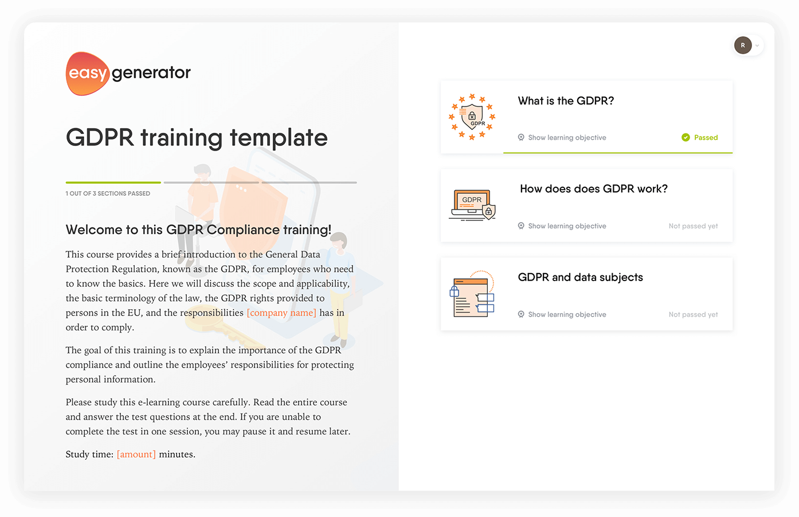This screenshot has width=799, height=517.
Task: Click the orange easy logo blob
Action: [x=87, y=73]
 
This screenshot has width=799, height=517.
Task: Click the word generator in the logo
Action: [x=151, y=73]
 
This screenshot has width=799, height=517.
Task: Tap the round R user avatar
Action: [x=743, y=45]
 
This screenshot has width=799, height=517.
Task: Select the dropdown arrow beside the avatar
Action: [x=757, y=46]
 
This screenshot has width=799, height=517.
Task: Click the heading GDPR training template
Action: [x=197, y=137]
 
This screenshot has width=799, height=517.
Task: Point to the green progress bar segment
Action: [x=113, y=183]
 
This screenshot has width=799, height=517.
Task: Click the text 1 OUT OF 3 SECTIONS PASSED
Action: [x=108, y=194]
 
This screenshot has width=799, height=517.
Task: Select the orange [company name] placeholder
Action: [x=281, y=313]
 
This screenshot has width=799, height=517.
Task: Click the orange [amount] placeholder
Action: [x=136, y=454]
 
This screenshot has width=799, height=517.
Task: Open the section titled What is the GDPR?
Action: [x=566, y=101]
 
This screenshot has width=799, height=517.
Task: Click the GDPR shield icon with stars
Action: [x=472, y=117]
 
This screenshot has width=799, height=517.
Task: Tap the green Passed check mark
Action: [x=686, y=137]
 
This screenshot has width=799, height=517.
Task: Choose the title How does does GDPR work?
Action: [x=594, y=189]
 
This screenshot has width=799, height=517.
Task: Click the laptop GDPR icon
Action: [x=472, y=206]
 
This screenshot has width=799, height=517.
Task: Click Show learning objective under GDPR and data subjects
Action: [x=567, y=314]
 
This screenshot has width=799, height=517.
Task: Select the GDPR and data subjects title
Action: [x=581, y=277]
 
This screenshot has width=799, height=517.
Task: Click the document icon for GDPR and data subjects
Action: [x=472, y=294]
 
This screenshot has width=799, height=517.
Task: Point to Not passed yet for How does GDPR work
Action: [x=693, y=226]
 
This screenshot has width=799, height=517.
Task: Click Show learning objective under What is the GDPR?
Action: [x=567, y=137]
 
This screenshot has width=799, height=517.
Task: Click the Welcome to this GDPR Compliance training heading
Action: [x=198, y=230]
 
